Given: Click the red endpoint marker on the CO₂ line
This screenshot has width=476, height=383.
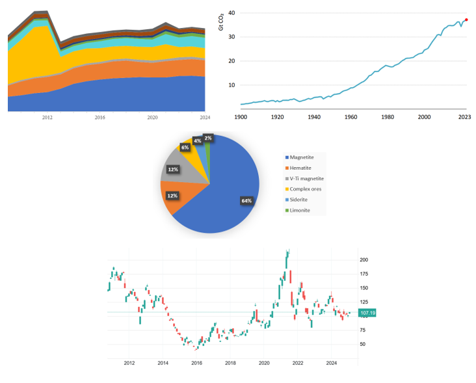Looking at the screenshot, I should tap(466, 20).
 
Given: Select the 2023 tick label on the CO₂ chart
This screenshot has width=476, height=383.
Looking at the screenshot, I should tap(465, 117).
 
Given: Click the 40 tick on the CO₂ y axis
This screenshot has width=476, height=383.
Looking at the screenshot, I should tap(231, 13).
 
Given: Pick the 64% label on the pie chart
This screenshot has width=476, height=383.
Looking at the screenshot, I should tap(246, 201).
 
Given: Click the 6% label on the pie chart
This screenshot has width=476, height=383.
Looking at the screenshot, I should tap(185, 148).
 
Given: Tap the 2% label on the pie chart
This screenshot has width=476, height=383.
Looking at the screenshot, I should tap(207, 138).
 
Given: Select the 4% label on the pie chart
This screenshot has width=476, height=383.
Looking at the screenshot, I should tap(197, 141).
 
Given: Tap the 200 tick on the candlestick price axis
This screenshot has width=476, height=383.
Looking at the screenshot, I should tap(364, 259).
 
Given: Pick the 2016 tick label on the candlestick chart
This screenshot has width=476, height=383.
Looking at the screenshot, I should tap(196, 362).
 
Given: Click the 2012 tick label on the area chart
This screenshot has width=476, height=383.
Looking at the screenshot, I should tap(47, 118).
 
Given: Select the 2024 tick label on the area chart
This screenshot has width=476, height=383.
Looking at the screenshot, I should tap(205, 118).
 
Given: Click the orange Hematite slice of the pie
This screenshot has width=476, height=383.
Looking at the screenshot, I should tap(172, 197).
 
